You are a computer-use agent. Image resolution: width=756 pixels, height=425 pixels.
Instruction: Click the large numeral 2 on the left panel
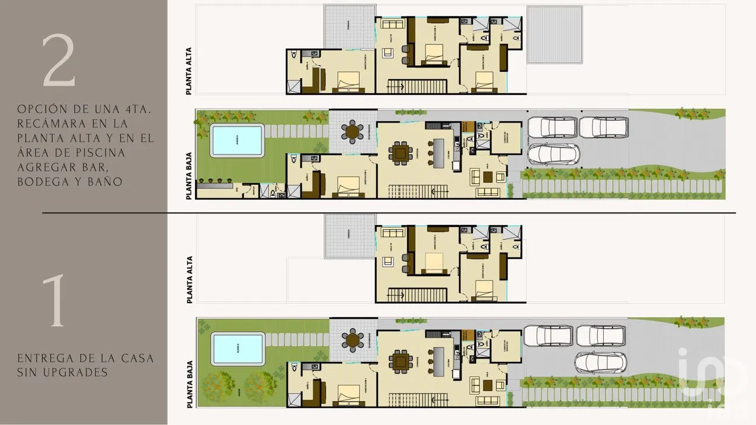(58, 61)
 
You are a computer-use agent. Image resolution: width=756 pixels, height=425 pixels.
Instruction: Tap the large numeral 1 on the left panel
(57, 301)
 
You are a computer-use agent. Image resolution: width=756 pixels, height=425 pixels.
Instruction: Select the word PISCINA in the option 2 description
(128, 153)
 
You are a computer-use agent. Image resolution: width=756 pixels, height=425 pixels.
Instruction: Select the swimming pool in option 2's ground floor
(237, 141)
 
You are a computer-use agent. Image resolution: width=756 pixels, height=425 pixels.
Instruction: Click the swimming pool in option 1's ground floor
(237, 347)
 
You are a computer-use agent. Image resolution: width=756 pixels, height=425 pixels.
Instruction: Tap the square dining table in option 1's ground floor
(401, 361)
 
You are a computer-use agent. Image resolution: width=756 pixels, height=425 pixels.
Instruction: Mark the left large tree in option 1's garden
(220, 385)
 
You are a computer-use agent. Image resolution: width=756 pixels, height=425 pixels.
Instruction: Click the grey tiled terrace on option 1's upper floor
(348, 236)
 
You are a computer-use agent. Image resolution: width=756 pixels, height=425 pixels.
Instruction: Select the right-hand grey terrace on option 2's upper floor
(555, 34)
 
